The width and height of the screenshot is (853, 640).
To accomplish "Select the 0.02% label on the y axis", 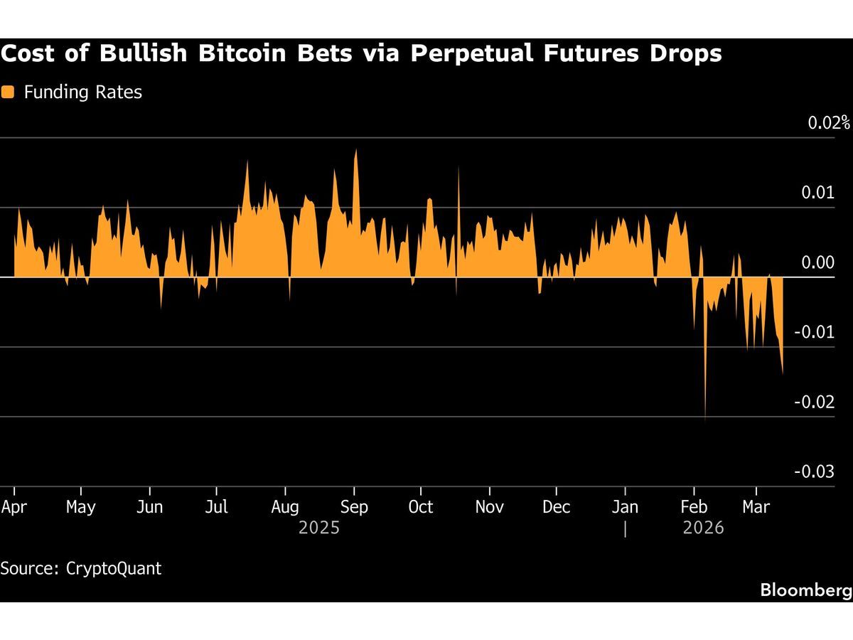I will pos(829,122).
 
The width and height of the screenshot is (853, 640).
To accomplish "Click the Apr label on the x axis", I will pos(14,507).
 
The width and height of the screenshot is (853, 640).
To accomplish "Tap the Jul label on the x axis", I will pos(216,507).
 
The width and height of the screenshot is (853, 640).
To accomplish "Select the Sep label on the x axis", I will pos(354,507).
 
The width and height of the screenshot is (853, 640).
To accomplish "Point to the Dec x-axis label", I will pos(556,507).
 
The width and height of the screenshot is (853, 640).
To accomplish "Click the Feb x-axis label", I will pos(694,507).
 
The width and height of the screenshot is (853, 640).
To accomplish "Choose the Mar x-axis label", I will pos(756,507).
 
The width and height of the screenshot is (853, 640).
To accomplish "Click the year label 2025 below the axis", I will pos(319,528).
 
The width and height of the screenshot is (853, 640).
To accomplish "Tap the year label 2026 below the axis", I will pos(703,528).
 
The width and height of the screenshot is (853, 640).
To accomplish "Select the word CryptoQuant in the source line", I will pos(114,569).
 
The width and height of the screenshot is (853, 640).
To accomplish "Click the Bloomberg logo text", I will pos(805,590).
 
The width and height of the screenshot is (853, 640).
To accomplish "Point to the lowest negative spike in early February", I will pos(705,420).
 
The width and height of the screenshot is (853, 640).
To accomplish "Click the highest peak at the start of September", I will pos(355,151).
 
